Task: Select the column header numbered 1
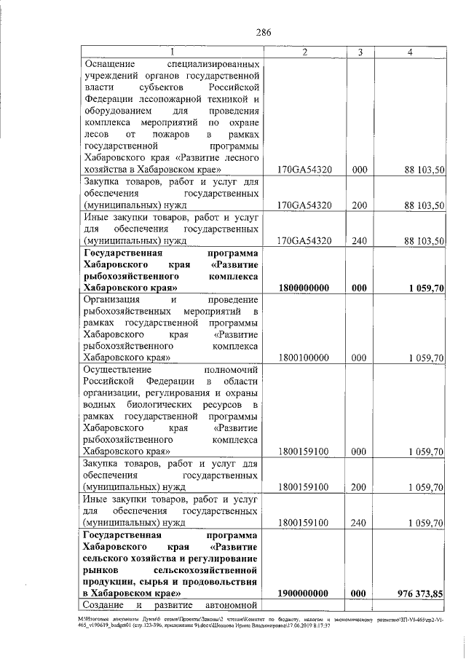click(170, 52)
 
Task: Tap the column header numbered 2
click(304, 52)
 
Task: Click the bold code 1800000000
click(304, 288)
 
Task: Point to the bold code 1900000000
click(304, 593)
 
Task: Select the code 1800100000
click(304, 358)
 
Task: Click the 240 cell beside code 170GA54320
click(358, 240)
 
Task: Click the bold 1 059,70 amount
click(426, 288)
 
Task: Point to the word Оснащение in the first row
click(107, 65)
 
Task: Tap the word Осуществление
click(118, 369)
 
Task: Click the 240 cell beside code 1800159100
click(358, 523)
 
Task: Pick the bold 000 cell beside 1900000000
click(358, 593)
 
